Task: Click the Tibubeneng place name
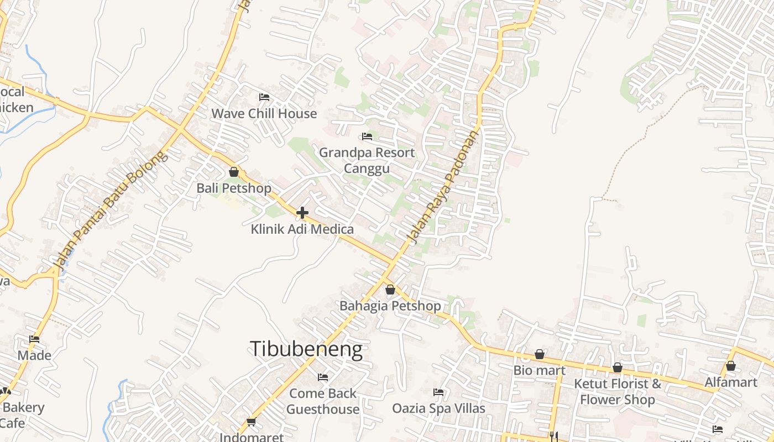click(306, 349)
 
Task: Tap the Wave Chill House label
click(264, 114)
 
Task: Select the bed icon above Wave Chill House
click(264, 97)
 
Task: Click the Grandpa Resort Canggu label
click(367, 160)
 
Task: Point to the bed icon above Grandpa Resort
click(367, 136)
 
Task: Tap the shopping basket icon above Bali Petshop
click(234, 172)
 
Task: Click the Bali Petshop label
click(234, 188)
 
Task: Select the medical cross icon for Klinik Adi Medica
click(302, 212)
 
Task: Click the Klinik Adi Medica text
click(302, 229)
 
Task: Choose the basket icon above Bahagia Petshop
click(390, 290)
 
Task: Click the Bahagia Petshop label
click(390, 306)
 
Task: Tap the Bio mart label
click(540, 370)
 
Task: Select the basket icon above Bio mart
click(540, 354)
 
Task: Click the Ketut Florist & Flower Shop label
click(618, 392)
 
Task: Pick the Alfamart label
click(731, 382)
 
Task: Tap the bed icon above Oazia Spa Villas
click(438, 392)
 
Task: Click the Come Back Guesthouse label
click(323, 402)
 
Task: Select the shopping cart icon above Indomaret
click(252, 422)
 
